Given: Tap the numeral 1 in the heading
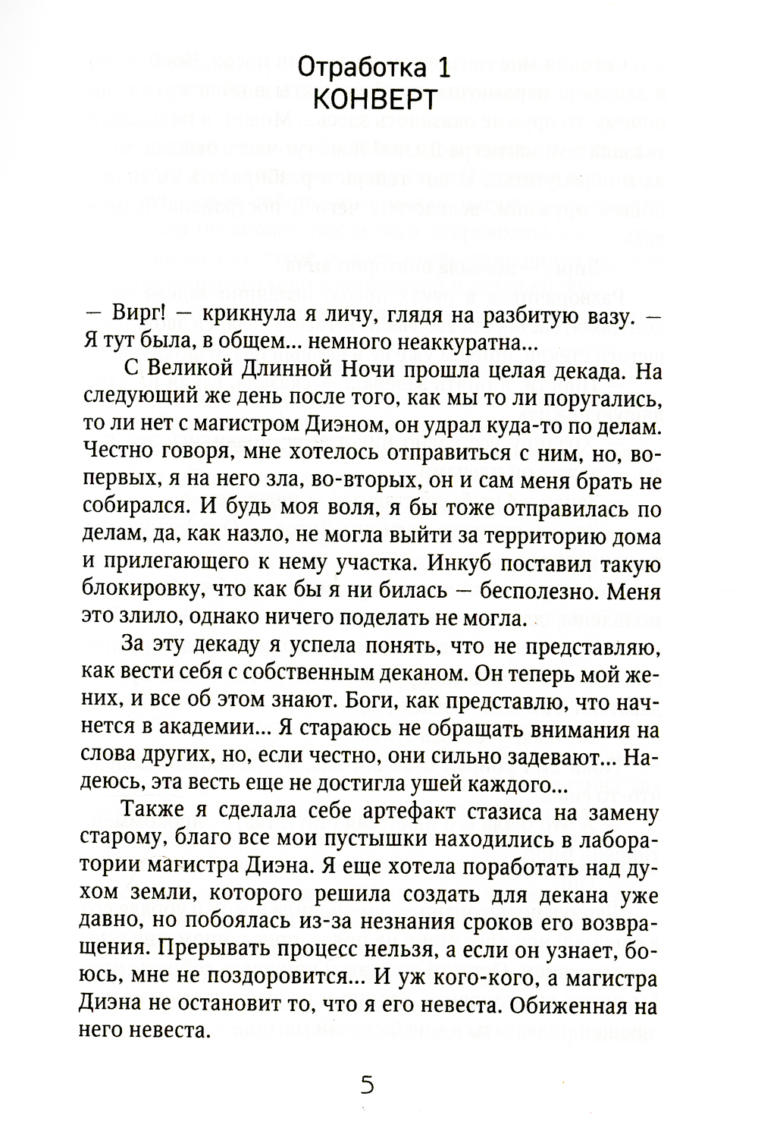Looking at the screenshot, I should tap(445, 70).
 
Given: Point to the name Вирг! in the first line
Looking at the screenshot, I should tap(136, 318).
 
